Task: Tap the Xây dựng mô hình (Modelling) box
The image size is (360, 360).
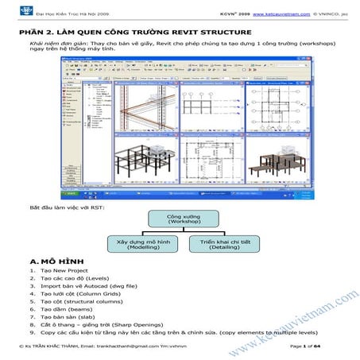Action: [x=135, y=244]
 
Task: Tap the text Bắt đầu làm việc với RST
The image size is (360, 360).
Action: [x=65, y=208]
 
